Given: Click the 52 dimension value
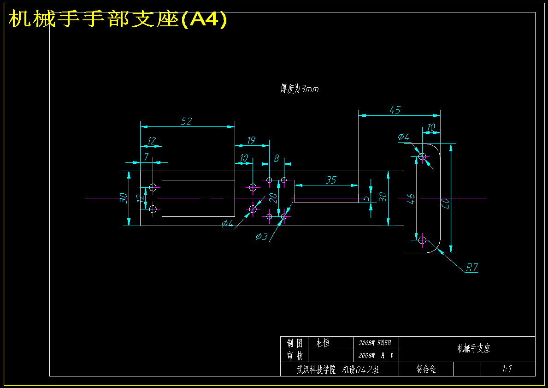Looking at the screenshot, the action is (187, 121).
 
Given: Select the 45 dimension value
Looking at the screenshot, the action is (395, 110).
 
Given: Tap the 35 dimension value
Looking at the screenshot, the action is (330, 180).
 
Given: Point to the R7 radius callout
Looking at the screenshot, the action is (472, 268).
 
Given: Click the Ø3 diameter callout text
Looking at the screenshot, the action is (261, 237).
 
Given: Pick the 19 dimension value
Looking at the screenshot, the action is (251, 140).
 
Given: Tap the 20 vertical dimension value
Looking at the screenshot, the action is (273, 198).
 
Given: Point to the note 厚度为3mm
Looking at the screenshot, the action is (300, 89).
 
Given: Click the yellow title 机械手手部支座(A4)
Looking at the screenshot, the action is (118, 19).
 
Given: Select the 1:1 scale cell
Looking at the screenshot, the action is (507, 369).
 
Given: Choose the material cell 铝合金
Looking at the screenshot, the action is (426, 369).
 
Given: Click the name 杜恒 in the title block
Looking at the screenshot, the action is (323, 342).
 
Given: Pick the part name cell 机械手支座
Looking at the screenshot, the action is (474, 348).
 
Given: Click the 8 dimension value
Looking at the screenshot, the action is (277, 159).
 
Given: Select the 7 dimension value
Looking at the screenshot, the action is (147, 157).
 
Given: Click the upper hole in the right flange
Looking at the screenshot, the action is (422, 156).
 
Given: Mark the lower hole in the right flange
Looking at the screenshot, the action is (422, 240).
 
